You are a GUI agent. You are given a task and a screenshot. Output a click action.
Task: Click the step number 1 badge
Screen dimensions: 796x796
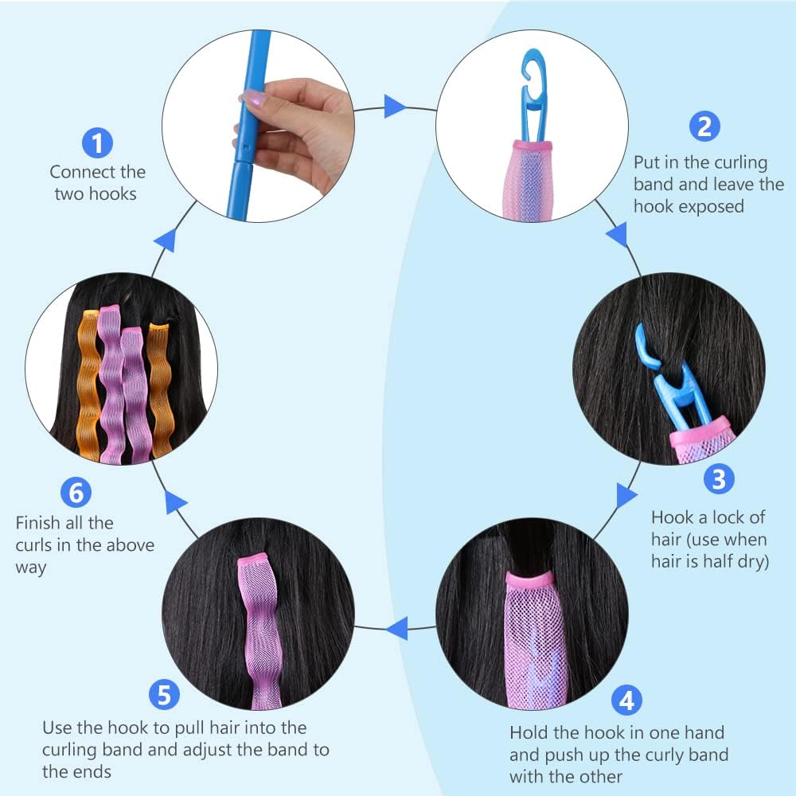click(97, 143)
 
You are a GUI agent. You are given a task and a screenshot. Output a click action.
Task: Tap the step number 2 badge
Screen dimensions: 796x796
click(704, 127)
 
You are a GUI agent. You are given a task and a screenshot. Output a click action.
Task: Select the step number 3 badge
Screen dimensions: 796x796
click(719, 479)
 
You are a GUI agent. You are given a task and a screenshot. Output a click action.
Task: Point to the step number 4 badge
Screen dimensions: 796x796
click(627, 700)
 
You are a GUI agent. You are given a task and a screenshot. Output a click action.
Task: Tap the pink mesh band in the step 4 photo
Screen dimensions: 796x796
click(536, 637)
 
